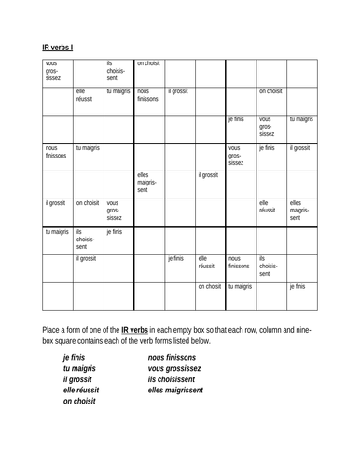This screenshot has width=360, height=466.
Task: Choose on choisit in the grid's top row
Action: tap(148, 63)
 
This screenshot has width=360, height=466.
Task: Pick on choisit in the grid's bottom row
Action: tap(209, 287)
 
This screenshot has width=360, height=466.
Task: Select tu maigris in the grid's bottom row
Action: tap(240, 287)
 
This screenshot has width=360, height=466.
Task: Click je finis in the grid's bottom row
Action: tap(297, 287)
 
